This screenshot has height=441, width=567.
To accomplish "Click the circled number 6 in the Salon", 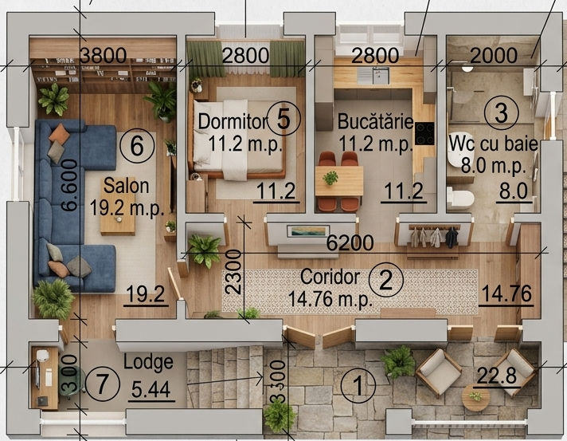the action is tap(137, 147).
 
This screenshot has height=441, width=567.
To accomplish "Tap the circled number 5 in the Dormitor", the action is tap(283, 118).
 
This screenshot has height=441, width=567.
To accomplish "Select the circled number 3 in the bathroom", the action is tap(502, 112).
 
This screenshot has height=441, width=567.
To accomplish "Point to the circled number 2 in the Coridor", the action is tap(386, 280).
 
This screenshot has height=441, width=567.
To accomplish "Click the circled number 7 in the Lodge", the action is tap(102, 383).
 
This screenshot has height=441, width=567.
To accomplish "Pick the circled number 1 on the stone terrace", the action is tap(358, 385).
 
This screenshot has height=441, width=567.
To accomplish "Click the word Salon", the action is tap(126, 186).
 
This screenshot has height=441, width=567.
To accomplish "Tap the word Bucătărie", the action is tap(375, 121).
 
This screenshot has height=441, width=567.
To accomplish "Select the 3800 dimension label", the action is tap(103, 55).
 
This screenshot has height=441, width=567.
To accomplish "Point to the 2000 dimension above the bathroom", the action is tap(494, 55).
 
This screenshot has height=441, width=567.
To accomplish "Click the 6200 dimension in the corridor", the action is tap(350, 243).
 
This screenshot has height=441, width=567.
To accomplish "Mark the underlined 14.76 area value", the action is tap(506, 293).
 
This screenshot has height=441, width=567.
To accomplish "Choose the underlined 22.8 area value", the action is tap(497, 376).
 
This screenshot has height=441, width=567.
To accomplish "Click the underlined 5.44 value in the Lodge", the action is tap(151, 390).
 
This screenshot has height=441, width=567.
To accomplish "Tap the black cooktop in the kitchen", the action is tap(424, 134).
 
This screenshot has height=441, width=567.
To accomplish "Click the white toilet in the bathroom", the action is tap(460, 198).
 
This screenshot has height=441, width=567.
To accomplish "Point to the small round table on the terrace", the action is tap(476, 397).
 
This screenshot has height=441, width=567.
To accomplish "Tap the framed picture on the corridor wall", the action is tap(308, 231).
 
